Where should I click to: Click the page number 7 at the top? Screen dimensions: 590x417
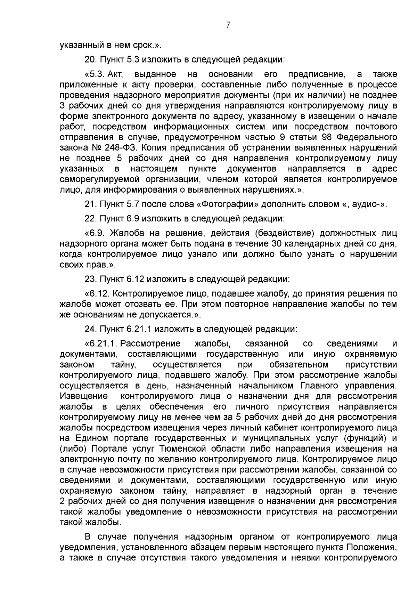coord(228,25)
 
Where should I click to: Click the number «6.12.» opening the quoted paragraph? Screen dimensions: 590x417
coord(97,294)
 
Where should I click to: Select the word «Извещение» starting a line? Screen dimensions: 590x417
coord(84,396)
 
